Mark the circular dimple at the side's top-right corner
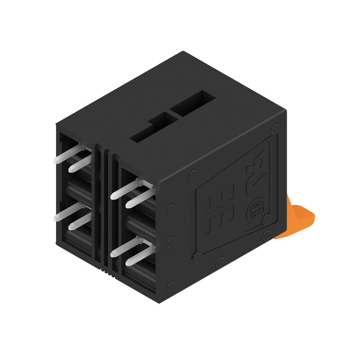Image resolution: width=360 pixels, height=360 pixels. [x=276, y=128]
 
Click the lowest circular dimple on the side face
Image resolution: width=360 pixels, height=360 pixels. [x=171, y=285]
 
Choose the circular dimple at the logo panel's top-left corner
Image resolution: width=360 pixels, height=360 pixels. [x=194, y=175]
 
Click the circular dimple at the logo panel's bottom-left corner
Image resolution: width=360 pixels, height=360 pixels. [x=197, y=258]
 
